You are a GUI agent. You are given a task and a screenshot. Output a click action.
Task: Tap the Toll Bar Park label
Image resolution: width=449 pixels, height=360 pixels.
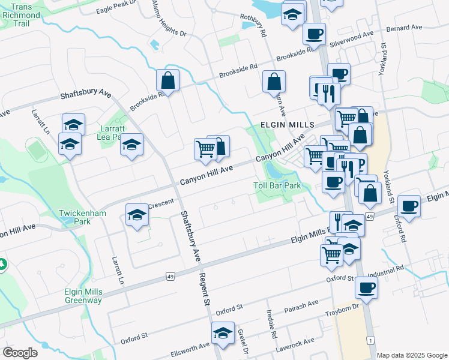tap(277, 185)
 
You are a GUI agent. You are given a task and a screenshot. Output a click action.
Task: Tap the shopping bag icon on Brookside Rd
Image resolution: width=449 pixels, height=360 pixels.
tap(168, 80)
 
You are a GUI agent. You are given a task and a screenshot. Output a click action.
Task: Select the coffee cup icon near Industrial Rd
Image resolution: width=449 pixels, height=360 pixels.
tap(366, 287)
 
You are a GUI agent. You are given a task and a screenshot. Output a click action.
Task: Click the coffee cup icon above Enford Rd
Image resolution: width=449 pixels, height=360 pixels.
tap(409, 206)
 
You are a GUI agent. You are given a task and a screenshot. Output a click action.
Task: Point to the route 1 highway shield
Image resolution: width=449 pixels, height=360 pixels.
tap(372, 341)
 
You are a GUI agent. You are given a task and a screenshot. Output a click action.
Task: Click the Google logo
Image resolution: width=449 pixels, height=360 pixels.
tap(20, 353)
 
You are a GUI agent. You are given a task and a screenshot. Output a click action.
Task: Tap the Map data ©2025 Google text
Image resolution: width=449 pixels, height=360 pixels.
tap(412, 355)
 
